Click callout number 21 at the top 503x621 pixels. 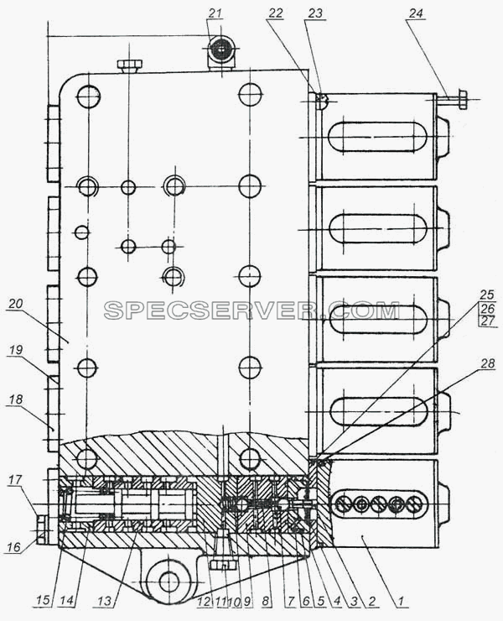coord(215,13)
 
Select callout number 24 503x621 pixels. coord(416,14)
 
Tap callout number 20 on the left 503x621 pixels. coord(16,304)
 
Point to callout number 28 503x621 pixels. coord(488,363)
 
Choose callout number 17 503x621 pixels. coord(15,481)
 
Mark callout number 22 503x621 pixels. coord(276,13)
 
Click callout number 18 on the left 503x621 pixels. coord(14,399)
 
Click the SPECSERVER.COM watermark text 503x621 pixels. coord(251,310)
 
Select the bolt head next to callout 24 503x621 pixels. coord(461,99)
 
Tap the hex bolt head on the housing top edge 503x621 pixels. coord(130,64)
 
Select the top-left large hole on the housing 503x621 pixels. coord(89,96)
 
